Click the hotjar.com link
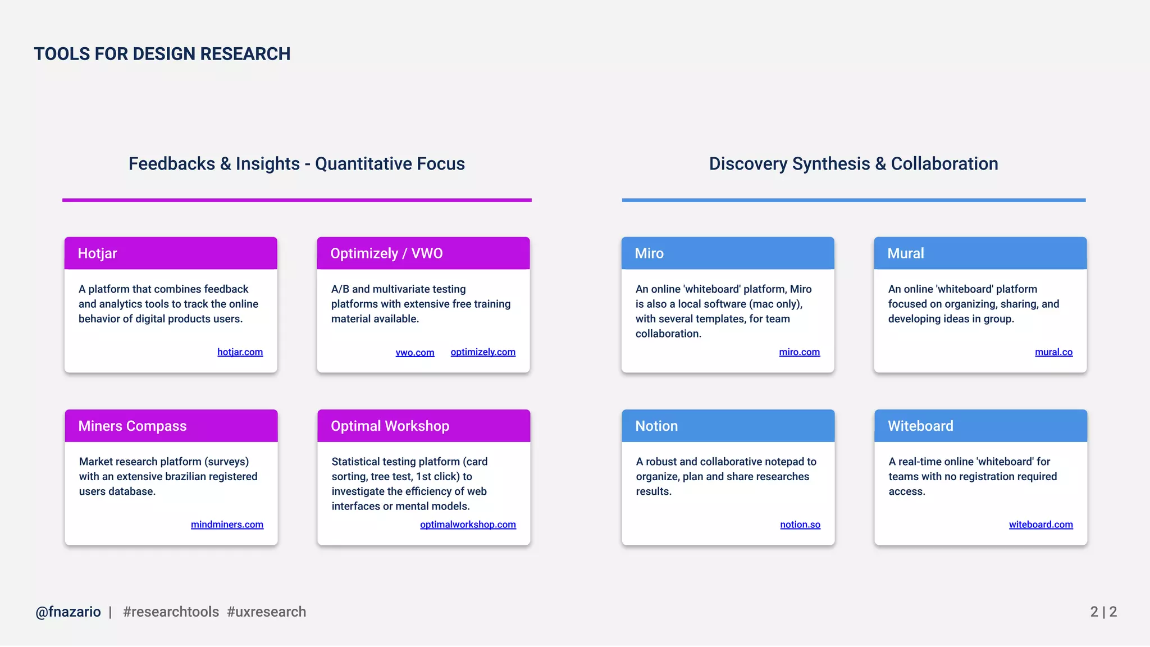[240, 352]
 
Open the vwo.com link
[414, 353]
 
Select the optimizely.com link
[482, 352]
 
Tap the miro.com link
[799, 352]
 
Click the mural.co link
[1053, 352]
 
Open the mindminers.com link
[227, 525]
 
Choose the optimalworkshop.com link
[468, 525]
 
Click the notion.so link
[800, 525]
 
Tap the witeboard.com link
[1041, 525]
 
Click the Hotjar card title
[97, 254]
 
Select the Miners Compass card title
[133, 426]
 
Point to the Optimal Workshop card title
[390, 426]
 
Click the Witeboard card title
[920, 426]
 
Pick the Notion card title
[656, 426]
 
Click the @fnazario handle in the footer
[68, 612]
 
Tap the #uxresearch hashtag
[267, 612]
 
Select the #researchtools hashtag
[171, 612]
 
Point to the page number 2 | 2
[1103, 612]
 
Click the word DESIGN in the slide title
[164, 54]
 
